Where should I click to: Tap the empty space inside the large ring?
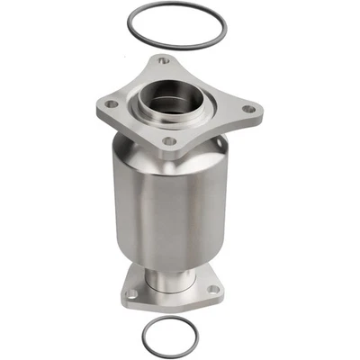[176, 31]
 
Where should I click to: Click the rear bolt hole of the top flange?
[163, 60]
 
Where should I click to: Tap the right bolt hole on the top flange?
[248, 109]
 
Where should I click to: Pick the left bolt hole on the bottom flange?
[133, 293]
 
